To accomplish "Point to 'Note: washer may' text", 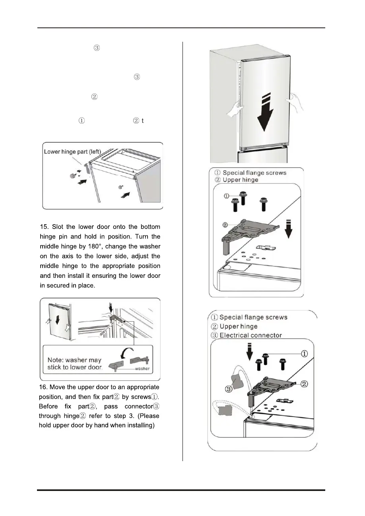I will click(74, 359).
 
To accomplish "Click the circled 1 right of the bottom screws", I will click(305, 353).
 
